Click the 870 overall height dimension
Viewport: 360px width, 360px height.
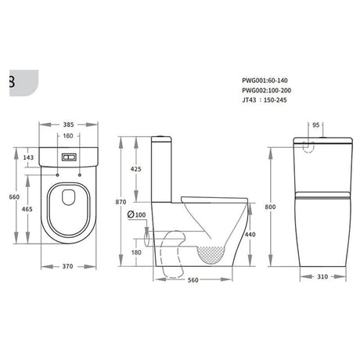tap(121, 202)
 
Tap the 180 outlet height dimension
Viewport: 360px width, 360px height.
tap(138, 252)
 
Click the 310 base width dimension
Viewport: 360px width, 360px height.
tap(324, 277)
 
